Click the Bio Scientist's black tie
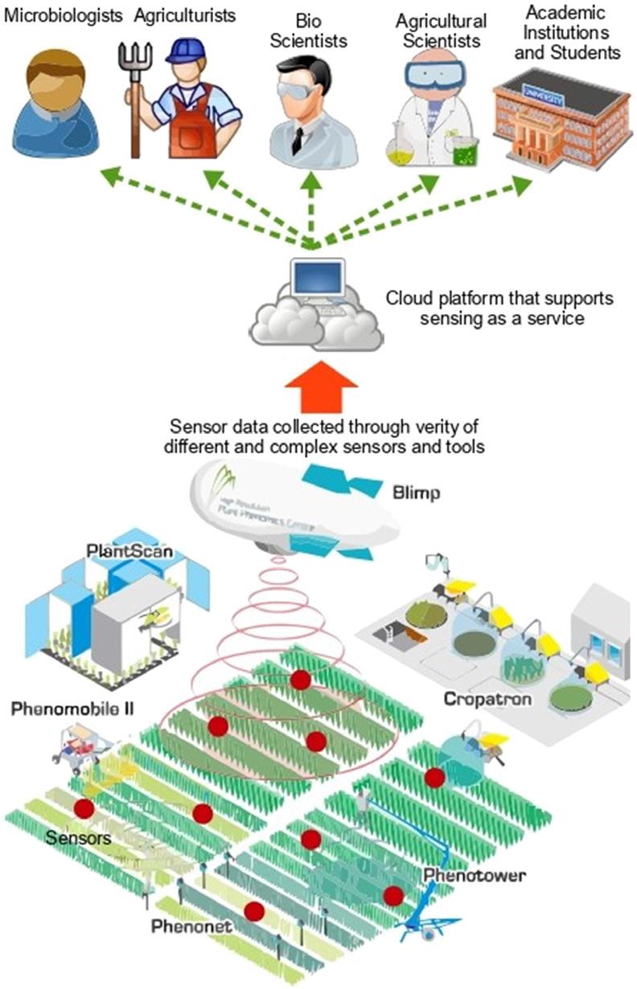(x=298, y=141)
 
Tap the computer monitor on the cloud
(x=316, y=278)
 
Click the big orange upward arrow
(x=318, y=387)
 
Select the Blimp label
(x=416, y=492)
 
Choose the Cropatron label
(x=487, y=699)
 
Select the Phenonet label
(x=191, y=927)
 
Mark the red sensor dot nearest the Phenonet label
(x=254, y=911)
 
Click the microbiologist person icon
(x=52, y=100)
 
